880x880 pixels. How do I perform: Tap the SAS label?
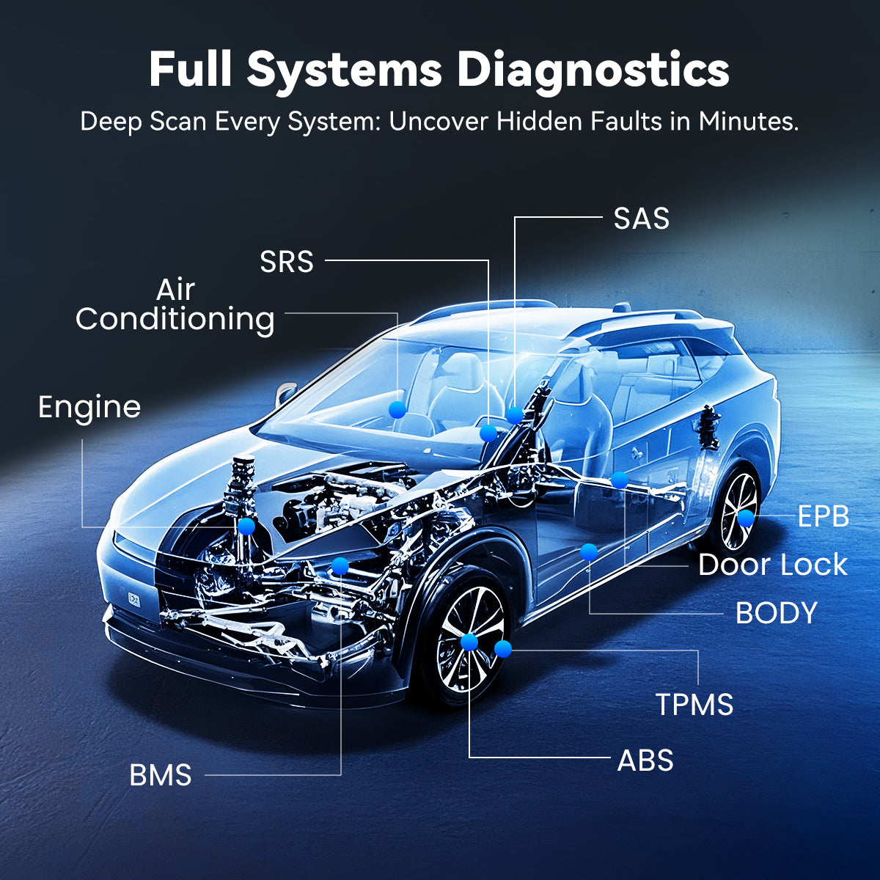pyautogui.click(x=642, y=219)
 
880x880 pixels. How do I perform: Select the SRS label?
pyautogui.click(x=287, y=262)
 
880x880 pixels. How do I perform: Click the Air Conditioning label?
pyautogui.click(x=175, y=305)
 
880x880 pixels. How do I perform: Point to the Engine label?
pyautogui.click(x=89, y=408)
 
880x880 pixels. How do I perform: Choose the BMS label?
pyautogui.click(x=161, y=775)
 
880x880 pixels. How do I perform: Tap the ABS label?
pyautogui.click(x=645, y=760)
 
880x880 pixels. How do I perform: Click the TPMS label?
pyautogui.click(x=694, y=704)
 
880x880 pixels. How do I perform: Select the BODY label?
pyautogui.click(x=776, y=613)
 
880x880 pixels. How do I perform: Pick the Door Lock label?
pyautogui.click(x=772, y=565)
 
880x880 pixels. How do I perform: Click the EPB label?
pyautogui.click(x=823, y=517)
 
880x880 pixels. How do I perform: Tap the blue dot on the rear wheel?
pyautogui.click(x=745, y=518)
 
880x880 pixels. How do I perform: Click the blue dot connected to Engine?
pyautogui.click(x=246, y=526)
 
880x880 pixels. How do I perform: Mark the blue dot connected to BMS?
pyautogui.click(x=340, y=565)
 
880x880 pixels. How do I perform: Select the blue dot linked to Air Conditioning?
pyautogui.click(x=397, y=409)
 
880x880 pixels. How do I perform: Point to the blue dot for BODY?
pyautogui.click(x=588, y=552)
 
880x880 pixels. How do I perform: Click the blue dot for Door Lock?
pyautogui.click(x=620, y=480)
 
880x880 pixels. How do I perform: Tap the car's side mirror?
pyautogui.click(x=285, y=395)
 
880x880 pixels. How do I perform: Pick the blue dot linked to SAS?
pyautogui.click(x=515, y=415)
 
